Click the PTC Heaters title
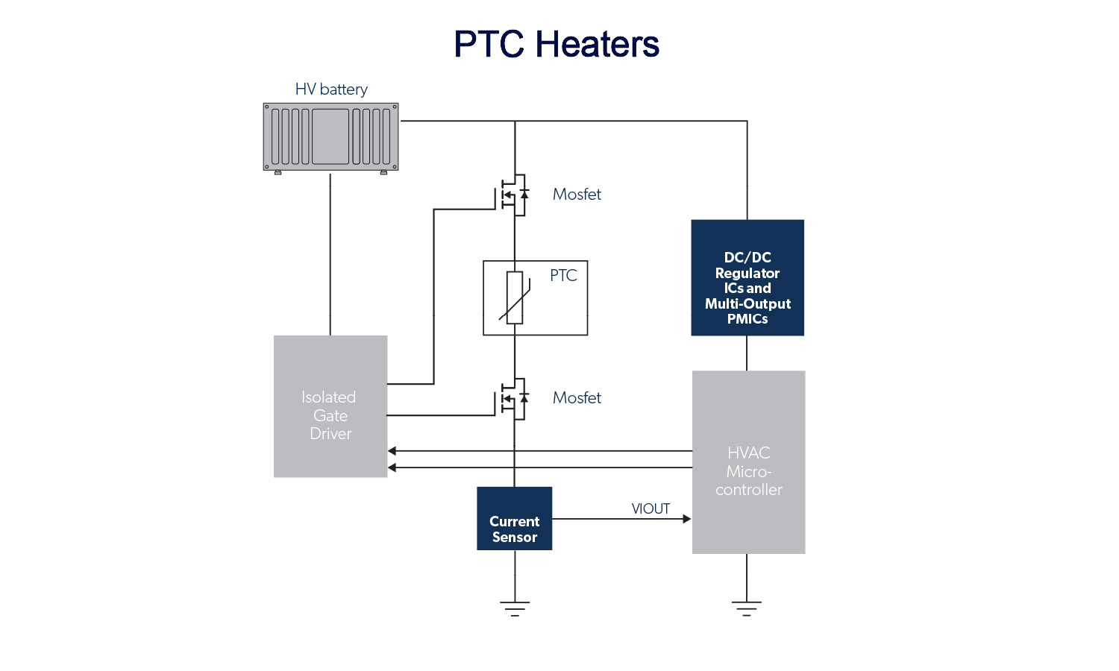coord(557,44)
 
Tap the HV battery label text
coord(331,89)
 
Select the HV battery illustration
coord(330,137)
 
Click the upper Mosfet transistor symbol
coord(513,195)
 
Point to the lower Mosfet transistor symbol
coord(513,399)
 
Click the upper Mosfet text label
coord(577,195)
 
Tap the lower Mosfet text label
coord(577,398)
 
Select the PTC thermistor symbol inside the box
coord(515,297)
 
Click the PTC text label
coord(563,276)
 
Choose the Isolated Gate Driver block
coord(330,406)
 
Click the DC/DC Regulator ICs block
coord(747,277)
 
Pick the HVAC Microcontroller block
coord(748,462)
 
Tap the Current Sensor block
coord(515,519)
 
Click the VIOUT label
coord(651,509)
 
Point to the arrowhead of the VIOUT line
coord(687,519)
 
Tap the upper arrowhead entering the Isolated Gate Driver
coord(392,451)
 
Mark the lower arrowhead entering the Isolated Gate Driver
coord(392,467)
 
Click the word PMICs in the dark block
coord(747,319)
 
